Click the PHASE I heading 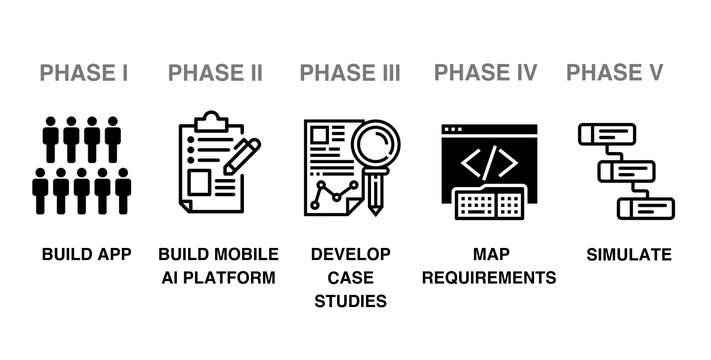coord(84,73)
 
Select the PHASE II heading coord(215,73)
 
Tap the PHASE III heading coord(350,73)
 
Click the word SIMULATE coord(629,255)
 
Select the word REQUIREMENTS coord(489,277)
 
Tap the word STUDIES coord(351,301)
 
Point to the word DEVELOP coord(351,254)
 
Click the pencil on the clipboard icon coord(242,157)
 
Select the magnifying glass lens coord(375,145)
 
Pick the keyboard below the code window coord(490,203)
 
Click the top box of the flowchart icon coord(607,134)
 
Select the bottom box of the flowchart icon coord(646,208)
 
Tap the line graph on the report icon coord(334,194)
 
